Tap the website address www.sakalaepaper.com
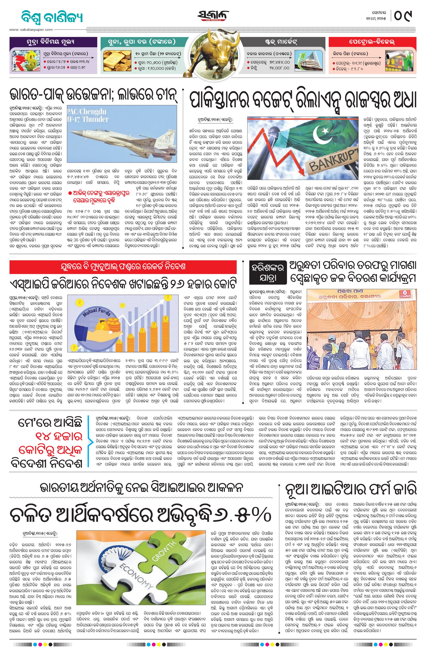click(x=31, y=30)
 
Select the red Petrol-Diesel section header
click(x=372, y=42)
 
